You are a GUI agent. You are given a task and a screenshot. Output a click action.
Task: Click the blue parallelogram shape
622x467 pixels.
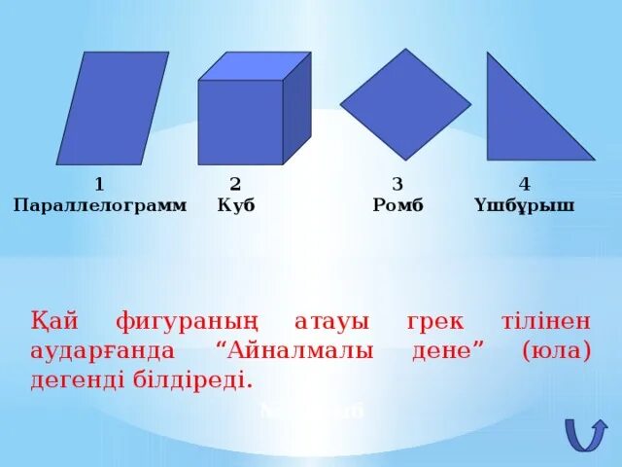coord(99,108)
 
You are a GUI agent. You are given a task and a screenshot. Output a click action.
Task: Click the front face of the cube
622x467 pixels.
coord(240,122)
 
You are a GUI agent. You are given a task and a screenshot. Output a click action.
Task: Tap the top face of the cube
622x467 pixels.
coord(255,66)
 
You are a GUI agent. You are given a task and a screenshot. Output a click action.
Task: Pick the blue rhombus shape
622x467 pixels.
coord(405,103)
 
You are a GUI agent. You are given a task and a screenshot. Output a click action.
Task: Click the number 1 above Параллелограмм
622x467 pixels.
coord(99,184)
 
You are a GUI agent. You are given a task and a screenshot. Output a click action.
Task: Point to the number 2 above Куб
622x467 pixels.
coord(235,184)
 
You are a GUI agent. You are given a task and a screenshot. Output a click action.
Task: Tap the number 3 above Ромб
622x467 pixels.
coord(397,184)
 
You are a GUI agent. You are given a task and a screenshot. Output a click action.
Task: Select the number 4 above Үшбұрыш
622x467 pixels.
coord(525,184)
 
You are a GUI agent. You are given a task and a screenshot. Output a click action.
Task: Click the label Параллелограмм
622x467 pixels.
coord(99,206)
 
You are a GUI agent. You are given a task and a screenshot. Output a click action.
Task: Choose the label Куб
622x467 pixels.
coord(236,206)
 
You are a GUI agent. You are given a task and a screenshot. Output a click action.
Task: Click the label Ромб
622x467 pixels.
coord(398,206)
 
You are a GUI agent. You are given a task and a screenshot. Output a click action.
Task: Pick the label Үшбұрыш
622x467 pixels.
coord(525,206)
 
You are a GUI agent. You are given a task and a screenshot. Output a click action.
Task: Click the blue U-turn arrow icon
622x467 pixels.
coord(585,433)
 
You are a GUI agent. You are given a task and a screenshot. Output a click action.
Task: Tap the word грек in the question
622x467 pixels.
coord(431,322)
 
